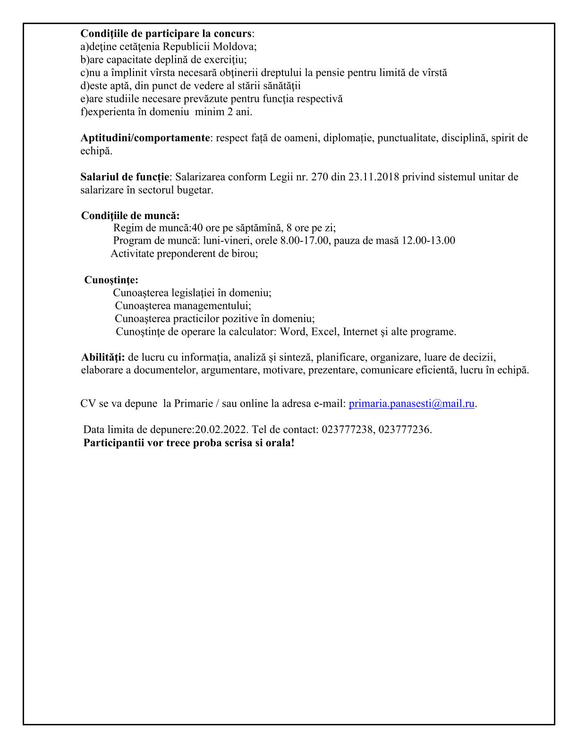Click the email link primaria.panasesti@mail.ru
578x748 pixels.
point(411,404)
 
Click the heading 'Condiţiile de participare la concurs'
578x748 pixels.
point(166,34)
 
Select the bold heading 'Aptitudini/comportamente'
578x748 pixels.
point(145,138)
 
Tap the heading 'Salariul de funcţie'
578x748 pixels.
point(125,177)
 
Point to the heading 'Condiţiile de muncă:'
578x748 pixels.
point(130,216)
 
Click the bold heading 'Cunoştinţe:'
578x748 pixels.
point(111,280)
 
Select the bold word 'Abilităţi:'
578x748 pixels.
point(103,357)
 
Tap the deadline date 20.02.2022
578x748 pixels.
point(221,430)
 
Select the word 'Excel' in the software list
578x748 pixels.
point(324,331)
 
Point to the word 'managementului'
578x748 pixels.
point(211,306)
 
